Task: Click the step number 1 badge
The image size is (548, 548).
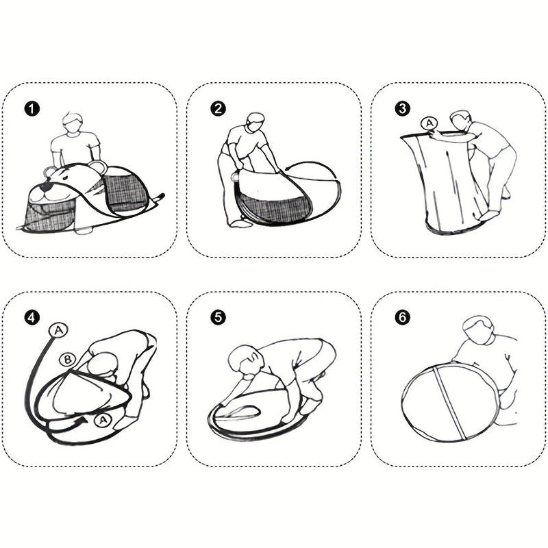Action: [x=32, y=109]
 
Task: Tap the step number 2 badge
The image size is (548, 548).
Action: [x=218, y=109]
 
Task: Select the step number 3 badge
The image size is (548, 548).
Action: [x=402, y=109]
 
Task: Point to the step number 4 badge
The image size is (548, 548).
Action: [x=32, y=318]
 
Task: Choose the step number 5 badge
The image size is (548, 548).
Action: [x=218, y=318]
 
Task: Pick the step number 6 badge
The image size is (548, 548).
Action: [x=402, y=318]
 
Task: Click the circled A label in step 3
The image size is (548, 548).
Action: [x=429, y=123]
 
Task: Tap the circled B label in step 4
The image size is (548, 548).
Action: [x=67, y=360]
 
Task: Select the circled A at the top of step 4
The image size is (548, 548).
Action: [x=58, y=330]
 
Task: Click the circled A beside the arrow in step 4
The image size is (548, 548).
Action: [x=103, y=420]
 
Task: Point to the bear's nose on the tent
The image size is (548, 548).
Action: [x=45, y=188]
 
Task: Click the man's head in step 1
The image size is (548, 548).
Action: [x=73, y=123]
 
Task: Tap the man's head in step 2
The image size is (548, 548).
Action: [x=256, y=122]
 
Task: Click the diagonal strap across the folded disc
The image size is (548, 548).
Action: [x=450, y=403]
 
